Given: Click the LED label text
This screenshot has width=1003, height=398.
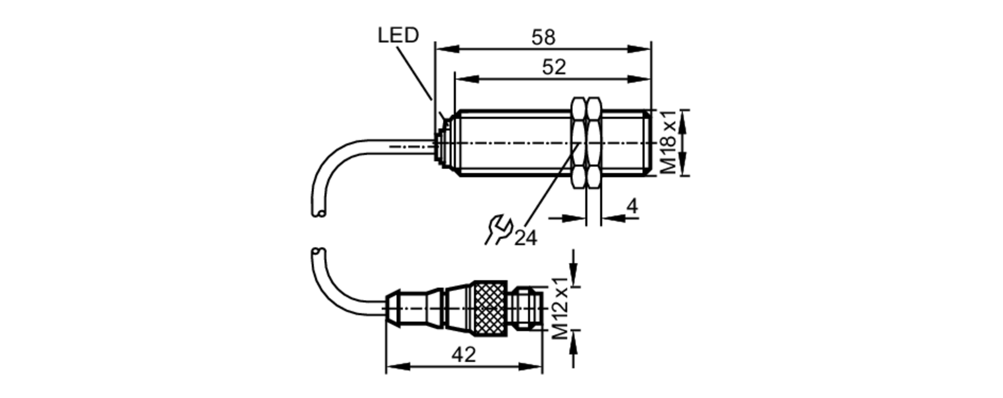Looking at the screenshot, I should (398, 35).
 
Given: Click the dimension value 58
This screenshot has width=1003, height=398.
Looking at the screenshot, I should (544, 37).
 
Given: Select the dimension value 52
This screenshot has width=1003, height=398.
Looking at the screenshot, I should (554, 67).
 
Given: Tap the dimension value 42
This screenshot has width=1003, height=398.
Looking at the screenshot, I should (463, 355).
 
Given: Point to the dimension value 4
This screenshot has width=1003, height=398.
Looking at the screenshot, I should (633, 206).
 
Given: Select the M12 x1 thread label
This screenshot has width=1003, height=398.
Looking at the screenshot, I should (561, 308).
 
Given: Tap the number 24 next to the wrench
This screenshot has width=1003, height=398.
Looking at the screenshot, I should (526, 238).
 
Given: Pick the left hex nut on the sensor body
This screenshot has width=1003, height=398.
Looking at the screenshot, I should (578, 143).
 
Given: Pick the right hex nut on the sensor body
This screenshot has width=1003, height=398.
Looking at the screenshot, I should (593, 143).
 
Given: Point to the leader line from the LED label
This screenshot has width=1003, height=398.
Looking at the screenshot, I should (414, 73).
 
